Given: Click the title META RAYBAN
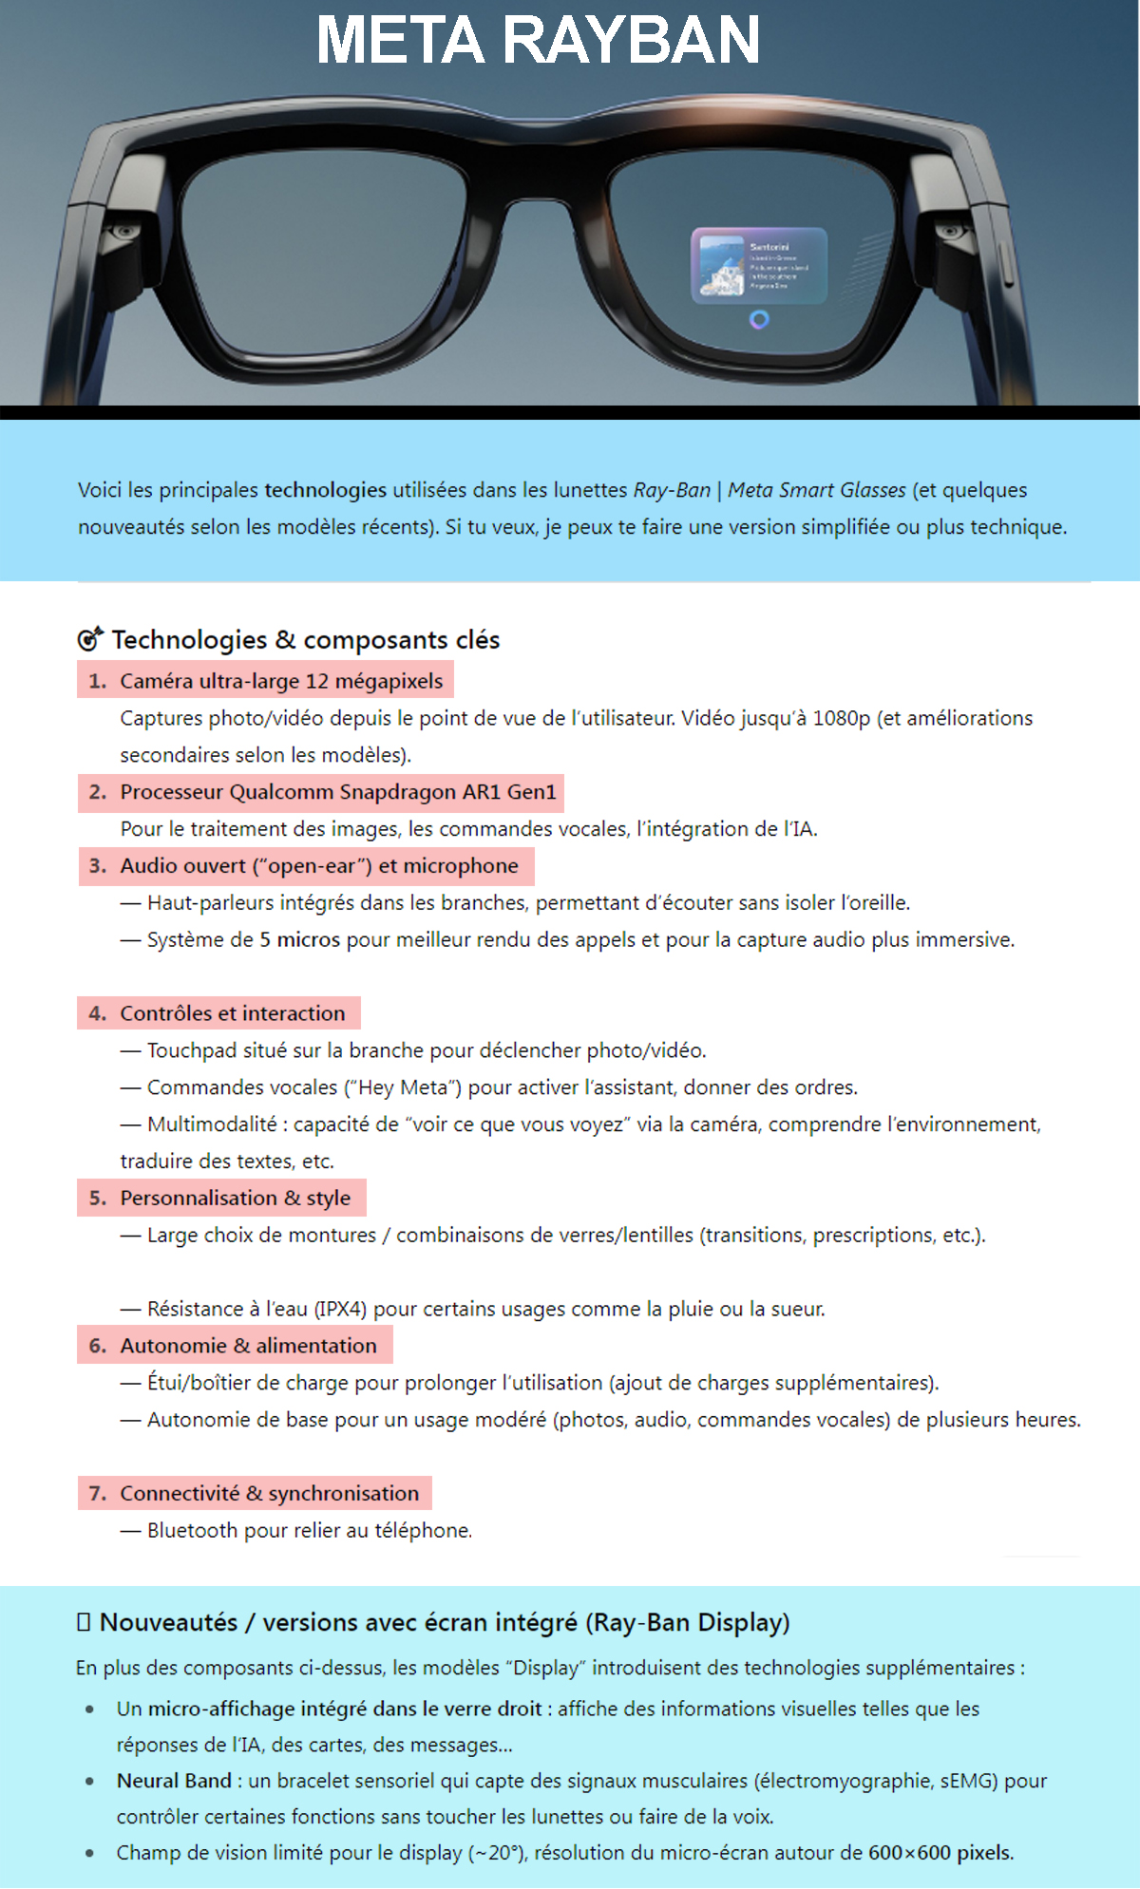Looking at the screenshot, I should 538,41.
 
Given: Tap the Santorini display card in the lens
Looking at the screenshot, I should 758,266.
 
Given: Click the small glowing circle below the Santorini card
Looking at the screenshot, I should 759,320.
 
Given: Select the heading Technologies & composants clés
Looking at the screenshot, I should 305,640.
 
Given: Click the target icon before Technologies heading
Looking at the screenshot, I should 89,639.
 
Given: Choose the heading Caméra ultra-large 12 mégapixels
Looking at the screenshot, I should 281,681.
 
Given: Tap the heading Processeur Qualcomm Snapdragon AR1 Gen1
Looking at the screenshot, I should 337,792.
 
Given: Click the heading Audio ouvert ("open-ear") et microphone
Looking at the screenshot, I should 318,866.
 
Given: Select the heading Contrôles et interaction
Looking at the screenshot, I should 232,1013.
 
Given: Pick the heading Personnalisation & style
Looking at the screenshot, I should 235,1199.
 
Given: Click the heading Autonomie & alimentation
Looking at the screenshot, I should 248,1346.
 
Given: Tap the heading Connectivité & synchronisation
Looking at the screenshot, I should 269,1494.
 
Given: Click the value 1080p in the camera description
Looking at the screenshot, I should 841,718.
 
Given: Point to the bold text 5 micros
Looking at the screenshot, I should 299,940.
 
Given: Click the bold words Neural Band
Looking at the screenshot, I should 174,1781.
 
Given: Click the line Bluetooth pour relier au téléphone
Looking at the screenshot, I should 309,1531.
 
